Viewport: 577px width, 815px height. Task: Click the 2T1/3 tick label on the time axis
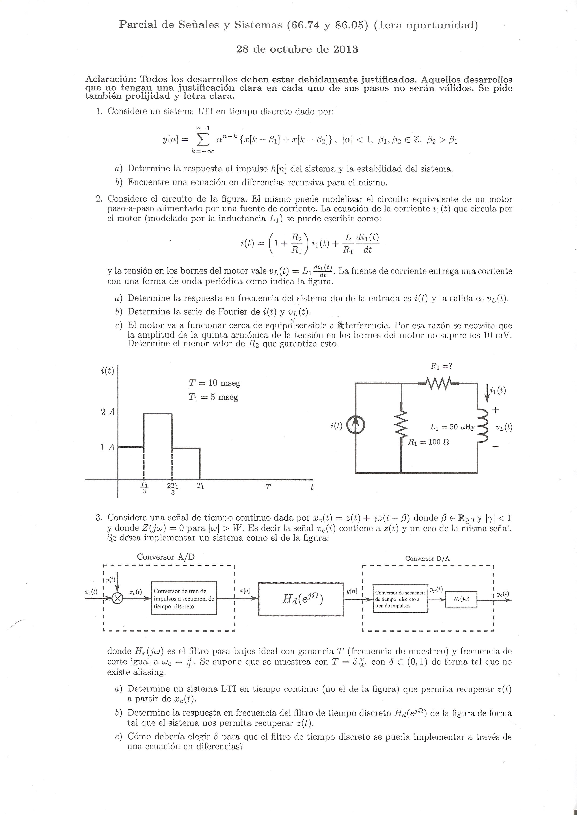click(173, 488)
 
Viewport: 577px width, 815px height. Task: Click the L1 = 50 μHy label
click(452, 427)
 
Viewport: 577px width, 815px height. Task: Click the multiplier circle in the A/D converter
click(117, 598)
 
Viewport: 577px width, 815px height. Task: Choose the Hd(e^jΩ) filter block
click(301, 599)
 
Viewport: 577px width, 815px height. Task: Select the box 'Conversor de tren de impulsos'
click(184, 598)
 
